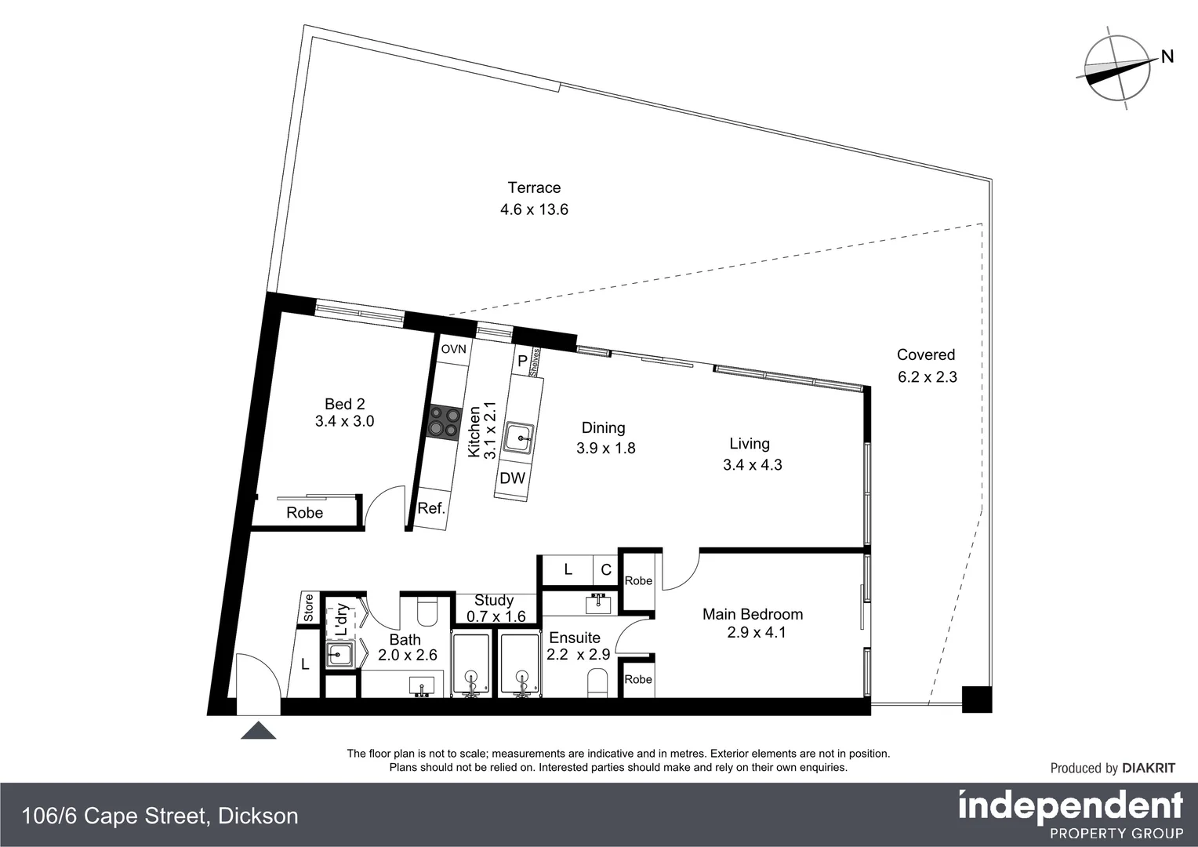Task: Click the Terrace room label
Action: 534,187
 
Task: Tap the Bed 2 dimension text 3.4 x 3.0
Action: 344,421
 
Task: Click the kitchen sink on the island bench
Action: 518,438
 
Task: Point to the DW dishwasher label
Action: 512,478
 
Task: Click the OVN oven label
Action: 453,349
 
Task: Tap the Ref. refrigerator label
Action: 431,508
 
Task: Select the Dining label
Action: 603,427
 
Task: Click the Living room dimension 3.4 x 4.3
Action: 752,464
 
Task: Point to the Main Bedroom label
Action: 752,614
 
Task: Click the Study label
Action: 494,601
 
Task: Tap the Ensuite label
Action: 574,638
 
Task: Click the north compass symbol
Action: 1117,68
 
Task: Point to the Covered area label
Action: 926,354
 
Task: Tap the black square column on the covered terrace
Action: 976,699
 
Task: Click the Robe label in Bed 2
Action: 304,513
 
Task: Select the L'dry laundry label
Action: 342,620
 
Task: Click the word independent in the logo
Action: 1070,806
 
